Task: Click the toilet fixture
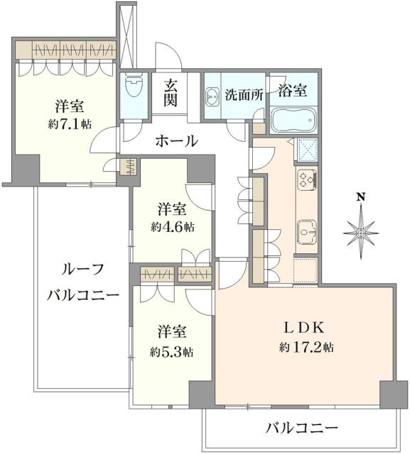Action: (132, 89)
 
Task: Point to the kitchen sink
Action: (307, 231)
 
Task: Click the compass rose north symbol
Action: (361, 229)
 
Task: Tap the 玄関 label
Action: (171, 93)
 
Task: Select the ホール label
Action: (176, 141)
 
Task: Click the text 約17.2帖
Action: (307, 348)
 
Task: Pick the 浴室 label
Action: (292, 90)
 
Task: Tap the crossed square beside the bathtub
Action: (308, 150)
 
